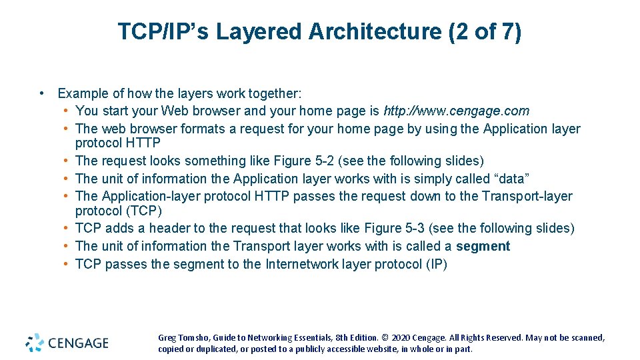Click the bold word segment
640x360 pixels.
(x=483, y=246)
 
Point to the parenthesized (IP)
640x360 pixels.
(x=436, y=264)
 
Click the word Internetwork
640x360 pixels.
(x=303, y=264)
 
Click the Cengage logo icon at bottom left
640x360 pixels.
(x=35, y=343)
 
